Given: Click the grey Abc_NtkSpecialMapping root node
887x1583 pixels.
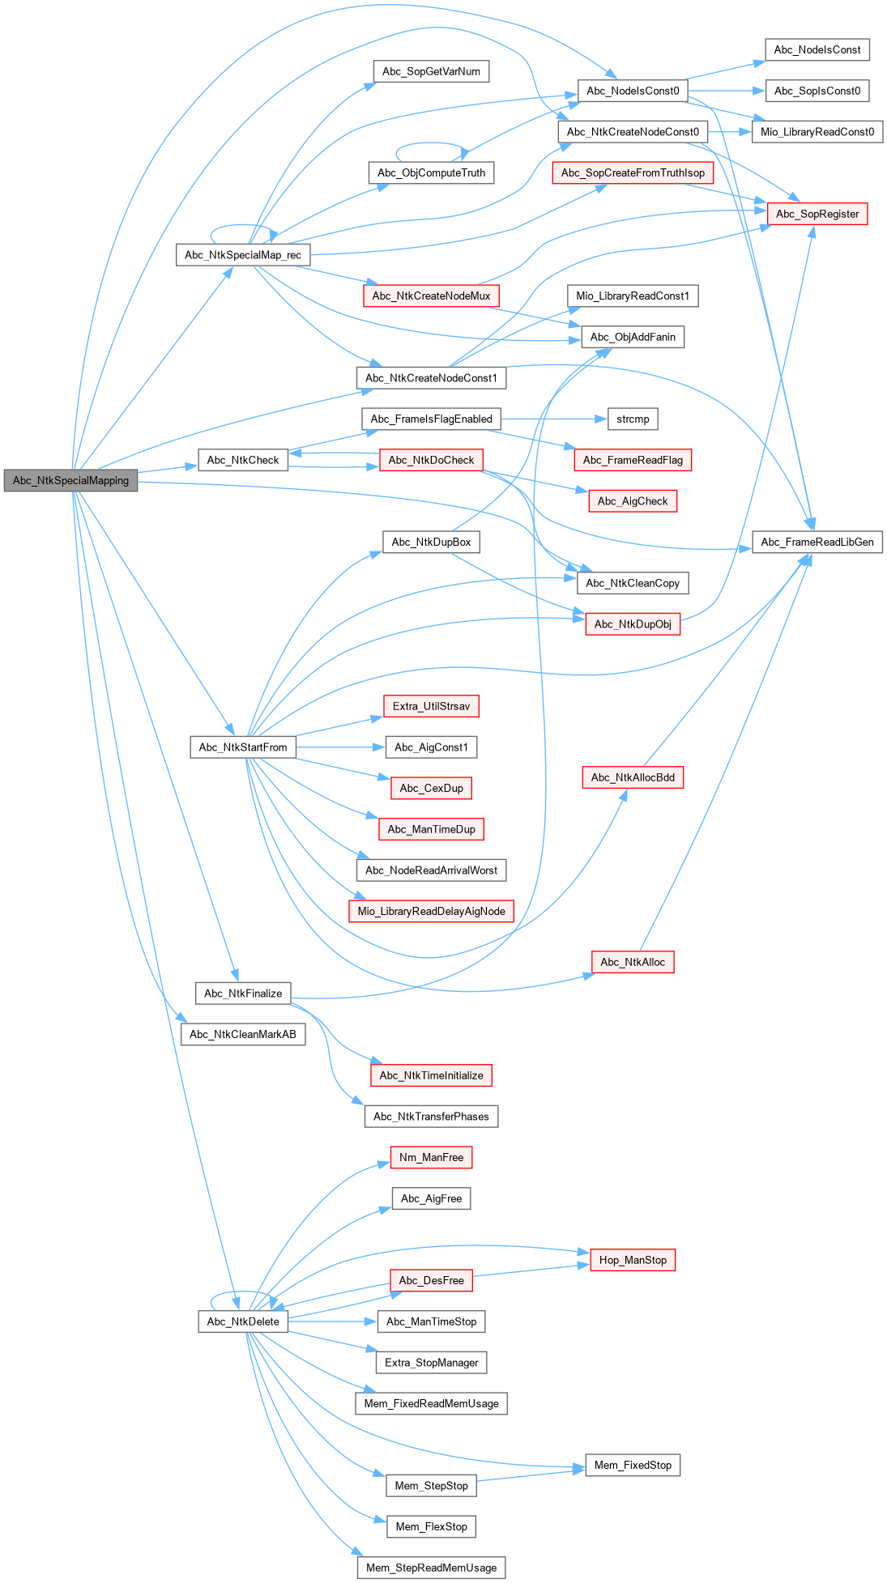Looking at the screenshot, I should (x=70, y=480).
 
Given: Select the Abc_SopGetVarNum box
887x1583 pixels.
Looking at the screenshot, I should (x=431, y=71).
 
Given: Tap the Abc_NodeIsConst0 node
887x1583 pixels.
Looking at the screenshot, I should (x=633, y=91).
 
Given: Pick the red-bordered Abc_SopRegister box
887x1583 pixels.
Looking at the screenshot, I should (x=817, y=214).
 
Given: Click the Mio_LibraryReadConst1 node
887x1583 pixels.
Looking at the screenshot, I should (x=633, y=296).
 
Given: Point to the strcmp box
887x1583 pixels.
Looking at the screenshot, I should (x=633, y=419).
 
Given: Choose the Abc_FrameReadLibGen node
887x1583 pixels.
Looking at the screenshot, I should (x=817, y=542).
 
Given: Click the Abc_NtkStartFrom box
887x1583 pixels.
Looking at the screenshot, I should (x=243, y=747).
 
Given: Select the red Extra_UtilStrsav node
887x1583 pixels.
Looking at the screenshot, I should (x=431, y=706).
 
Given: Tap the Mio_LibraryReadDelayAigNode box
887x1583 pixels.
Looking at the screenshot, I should (x=431, y=911).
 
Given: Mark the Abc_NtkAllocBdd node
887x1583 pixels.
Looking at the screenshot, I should (x=633, y=777).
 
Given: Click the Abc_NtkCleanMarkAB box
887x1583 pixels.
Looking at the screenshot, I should (x=243, y=1034).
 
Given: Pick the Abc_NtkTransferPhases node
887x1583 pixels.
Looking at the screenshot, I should (x=431, y=1116).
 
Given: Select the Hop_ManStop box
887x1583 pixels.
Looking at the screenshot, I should (x=633, y=1260).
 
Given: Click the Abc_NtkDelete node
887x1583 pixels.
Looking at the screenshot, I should (x=243, y=1321).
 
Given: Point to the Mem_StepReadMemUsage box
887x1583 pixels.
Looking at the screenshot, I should (x=431, y=1568).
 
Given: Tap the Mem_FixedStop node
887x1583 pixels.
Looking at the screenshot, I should (x=633, y=1465).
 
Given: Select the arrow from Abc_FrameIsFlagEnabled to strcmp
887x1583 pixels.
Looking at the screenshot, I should (x=554, y=419).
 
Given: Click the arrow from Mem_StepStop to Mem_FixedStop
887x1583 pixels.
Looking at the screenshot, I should (x=531, y=1475).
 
